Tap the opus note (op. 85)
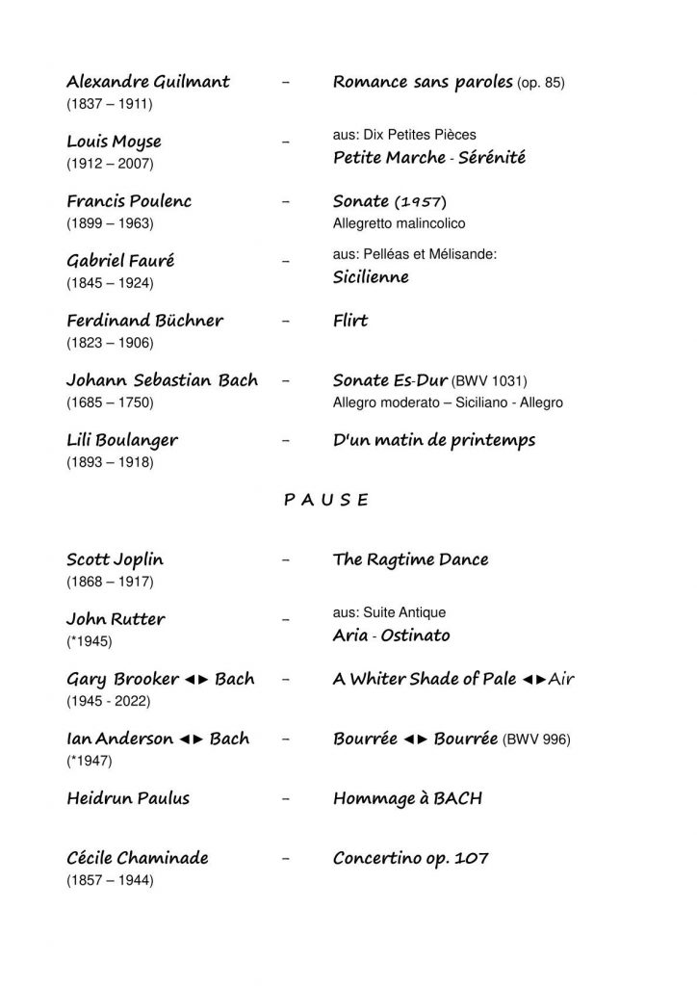coord(541,83)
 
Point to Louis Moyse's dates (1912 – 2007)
coord(110,164)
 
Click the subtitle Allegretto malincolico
coord(399,223)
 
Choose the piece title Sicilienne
coord(371,277)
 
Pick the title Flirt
coord(350,321)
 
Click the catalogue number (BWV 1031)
coord(490,381)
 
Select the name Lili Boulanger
coord(122,440)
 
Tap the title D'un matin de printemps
coord(434,440)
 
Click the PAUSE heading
coord(326,500)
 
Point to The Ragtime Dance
coord(410,559)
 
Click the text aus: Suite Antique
coord(389,612)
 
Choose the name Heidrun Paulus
coord(128,798)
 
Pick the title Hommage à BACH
coord(407,798)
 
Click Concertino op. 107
coord(410,857)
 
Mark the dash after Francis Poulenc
coord(285,202)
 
